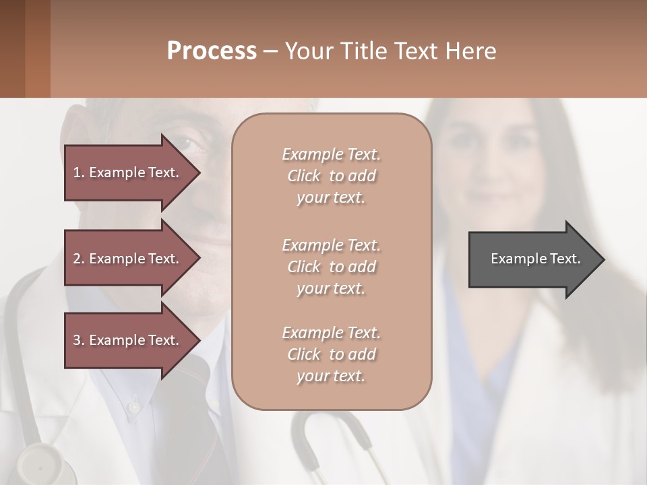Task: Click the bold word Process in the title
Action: point(212,51)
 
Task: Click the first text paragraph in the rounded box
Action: point(331,176)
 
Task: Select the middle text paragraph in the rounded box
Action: point(331,266)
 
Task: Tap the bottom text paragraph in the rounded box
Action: point(331,354)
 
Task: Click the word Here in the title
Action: point(472,51)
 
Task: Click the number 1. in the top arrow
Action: point(79,172)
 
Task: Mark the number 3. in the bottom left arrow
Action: point(79,340)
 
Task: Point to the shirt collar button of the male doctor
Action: point(134,406)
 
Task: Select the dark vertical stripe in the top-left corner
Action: point(13,48)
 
